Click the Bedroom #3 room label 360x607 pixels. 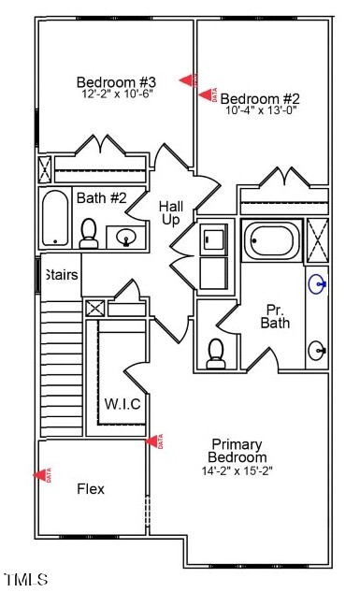(x=116, y=81)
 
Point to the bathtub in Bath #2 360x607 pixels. (x=56, y=218)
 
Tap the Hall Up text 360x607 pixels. (x=170, y=212)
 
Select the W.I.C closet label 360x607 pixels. (x=122, y=404)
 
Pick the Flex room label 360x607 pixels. (x=91, y=489)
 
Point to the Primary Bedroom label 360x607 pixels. (x=238, y=450)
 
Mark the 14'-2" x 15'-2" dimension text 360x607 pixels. (x=238, y=470)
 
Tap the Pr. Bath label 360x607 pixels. (x=275, y=316)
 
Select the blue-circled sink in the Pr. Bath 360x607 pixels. (x=319, y=282)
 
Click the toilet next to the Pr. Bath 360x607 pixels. (x=216, y=352)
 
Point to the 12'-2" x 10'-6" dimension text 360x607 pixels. (x=116, y=94)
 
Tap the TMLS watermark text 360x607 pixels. (x=25, y=580)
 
